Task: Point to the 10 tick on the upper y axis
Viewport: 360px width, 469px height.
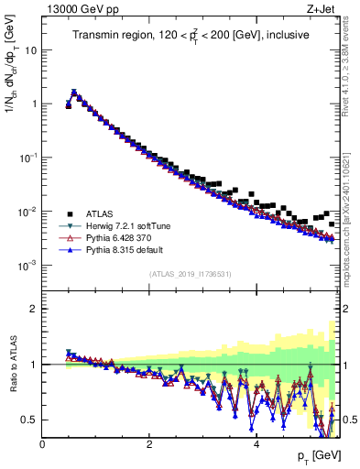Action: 31,49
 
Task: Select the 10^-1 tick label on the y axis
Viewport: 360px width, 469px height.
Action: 27,158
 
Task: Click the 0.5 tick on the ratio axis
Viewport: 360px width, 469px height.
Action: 29,420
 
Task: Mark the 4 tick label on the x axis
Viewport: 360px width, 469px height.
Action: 256,444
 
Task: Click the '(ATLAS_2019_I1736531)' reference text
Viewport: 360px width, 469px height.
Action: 190,274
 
